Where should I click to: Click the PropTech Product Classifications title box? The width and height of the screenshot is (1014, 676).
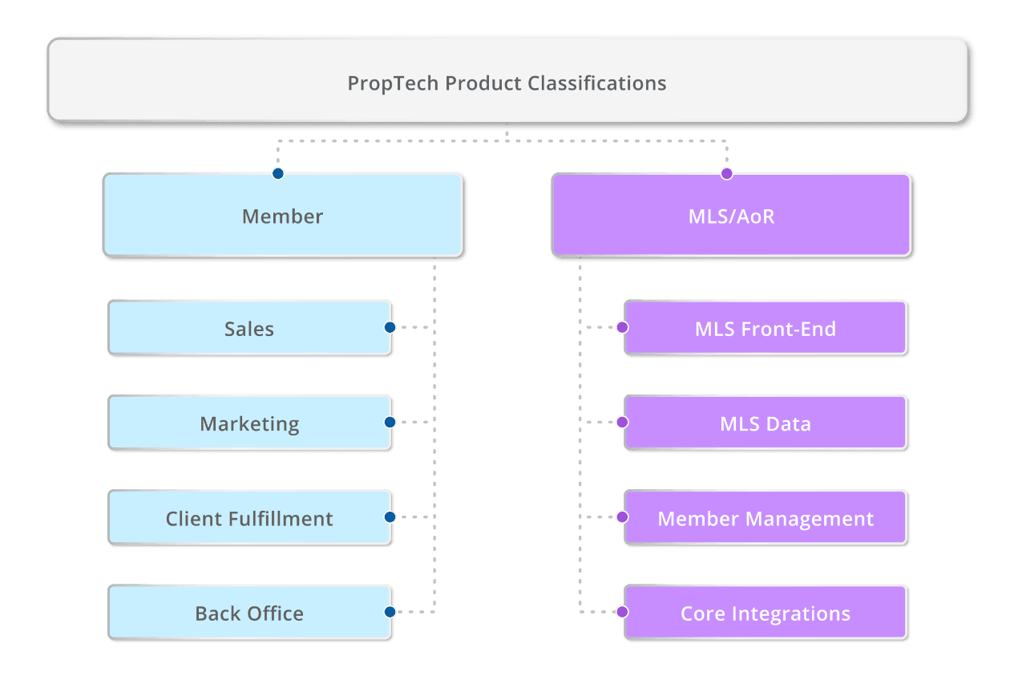507,80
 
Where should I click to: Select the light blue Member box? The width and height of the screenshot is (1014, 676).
282,215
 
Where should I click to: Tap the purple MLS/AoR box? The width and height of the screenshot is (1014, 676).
730,215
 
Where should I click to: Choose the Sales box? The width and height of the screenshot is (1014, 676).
249,328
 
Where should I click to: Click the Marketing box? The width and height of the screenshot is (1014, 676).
249,423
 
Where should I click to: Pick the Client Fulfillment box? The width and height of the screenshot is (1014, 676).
249,518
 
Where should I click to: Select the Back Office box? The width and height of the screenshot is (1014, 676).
249,613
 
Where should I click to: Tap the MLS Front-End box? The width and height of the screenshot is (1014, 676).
765,328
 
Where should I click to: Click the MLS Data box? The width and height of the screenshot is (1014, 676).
765,423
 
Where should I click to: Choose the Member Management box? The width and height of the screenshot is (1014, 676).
765,518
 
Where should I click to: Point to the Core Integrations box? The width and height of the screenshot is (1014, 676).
765,613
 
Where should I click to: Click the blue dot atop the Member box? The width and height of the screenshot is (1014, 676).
277,173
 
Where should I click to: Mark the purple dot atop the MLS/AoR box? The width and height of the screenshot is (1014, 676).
726,173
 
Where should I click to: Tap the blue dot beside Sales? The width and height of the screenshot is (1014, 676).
390,327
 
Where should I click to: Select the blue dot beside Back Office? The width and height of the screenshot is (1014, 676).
390,612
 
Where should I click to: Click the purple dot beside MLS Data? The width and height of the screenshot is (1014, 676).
622,422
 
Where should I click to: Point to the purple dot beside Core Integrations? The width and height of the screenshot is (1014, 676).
622,612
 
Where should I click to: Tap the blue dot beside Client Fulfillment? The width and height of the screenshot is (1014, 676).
390,517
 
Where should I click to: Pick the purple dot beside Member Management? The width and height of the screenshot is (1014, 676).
622,517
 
